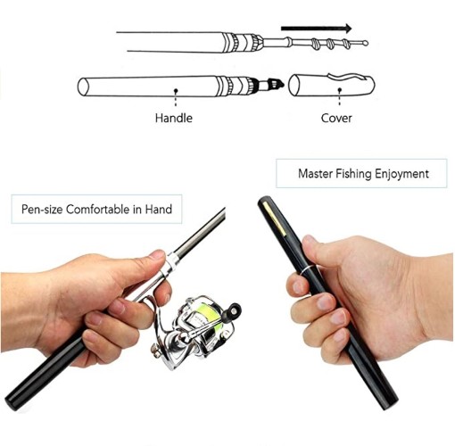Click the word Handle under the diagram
174,118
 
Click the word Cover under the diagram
336,118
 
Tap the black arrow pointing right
317,29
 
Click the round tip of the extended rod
366,44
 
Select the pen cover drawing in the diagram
332,85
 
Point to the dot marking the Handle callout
176,90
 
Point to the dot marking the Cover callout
340,89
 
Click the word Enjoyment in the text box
401,174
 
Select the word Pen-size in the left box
42,210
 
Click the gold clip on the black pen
275,218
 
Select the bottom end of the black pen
390,402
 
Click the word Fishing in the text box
353,174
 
